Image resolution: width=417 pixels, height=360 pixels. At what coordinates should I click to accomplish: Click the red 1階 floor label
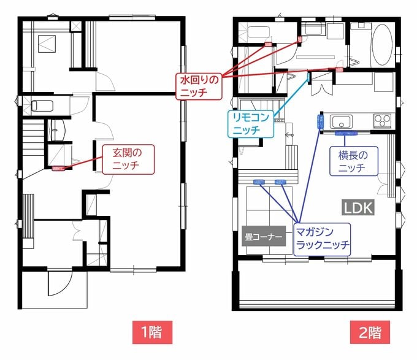[151, 332]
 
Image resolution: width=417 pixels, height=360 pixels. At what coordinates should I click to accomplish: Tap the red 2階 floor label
[369, 332]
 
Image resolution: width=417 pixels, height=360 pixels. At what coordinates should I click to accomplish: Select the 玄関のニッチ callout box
[129, 158]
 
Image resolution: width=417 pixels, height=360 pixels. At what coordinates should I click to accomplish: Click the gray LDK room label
[358, 208]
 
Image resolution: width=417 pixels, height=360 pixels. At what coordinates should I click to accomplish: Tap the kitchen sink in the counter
[341, 120]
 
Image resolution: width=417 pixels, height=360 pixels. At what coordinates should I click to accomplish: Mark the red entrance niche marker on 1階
[59, 167]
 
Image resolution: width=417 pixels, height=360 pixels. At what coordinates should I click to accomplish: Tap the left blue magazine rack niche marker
[258, 182]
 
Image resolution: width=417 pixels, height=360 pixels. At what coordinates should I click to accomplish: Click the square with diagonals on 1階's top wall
[77, 26]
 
